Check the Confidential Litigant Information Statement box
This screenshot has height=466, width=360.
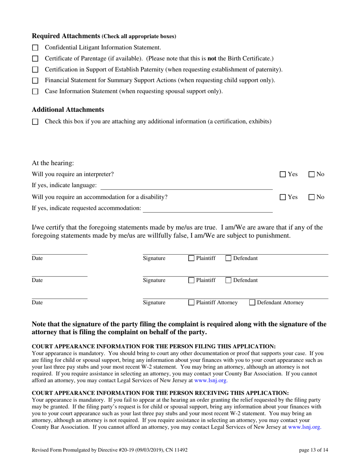click(x=35, y=48)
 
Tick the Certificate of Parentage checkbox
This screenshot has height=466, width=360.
click(x=35, y=59)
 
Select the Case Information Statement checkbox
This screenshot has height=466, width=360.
click(x=35, y=92)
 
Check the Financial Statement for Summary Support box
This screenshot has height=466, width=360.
click(x=35, y=81)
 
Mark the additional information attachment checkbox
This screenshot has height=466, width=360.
click(x=35, y=122)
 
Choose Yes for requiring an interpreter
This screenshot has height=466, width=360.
click(x=282, y=175)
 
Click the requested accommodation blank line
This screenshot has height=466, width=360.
click(x=207, y=208)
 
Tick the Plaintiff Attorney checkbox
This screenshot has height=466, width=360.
click(x=192, y=303)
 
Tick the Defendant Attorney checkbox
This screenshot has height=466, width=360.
click(x=253, y=303)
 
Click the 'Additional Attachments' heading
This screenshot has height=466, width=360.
click(x=68, y=109)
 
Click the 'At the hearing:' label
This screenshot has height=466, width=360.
click(x=53, y=163)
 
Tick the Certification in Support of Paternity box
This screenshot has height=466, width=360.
click(x=35, y=70)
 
